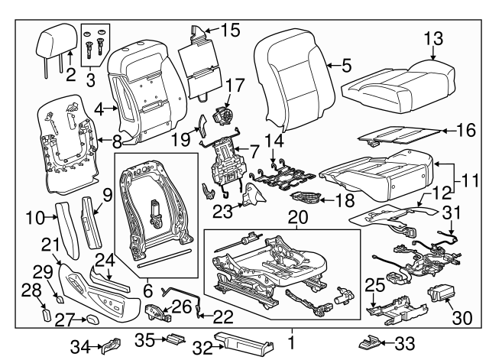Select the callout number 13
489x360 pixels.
point(433,38)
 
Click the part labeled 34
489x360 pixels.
point(112,345)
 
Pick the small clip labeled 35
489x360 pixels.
point(176,339)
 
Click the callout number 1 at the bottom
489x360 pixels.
point(290,337)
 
